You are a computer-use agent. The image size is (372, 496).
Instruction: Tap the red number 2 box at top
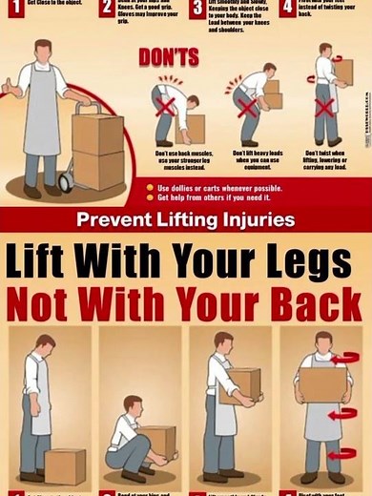tap(107, 6)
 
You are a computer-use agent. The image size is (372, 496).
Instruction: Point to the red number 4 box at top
tap(286, 6)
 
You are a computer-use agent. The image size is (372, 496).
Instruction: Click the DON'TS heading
tap(168, 56)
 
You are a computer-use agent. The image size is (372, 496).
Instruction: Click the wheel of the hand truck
tap(66, 179)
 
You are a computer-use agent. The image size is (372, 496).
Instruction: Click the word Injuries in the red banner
tap(258, 219)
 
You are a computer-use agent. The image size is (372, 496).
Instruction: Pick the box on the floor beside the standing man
tap(65, 465)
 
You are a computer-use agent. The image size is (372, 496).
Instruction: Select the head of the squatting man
tap(132, 403)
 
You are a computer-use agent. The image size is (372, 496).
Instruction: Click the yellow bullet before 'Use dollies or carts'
tap(150, 188)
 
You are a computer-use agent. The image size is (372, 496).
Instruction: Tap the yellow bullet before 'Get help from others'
tap(150, 197)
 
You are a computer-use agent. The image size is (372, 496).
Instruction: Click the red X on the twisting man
tap(324, 106)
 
